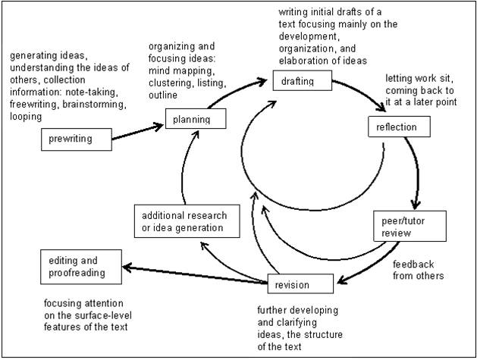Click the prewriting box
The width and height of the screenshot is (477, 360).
click(77, 139)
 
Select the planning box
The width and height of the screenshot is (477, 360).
click(197, 119)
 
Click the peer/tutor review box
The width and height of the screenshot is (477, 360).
click(406, 226)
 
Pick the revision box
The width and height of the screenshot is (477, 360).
click(300, 285)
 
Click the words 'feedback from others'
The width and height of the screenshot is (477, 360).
click(416, 270)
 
